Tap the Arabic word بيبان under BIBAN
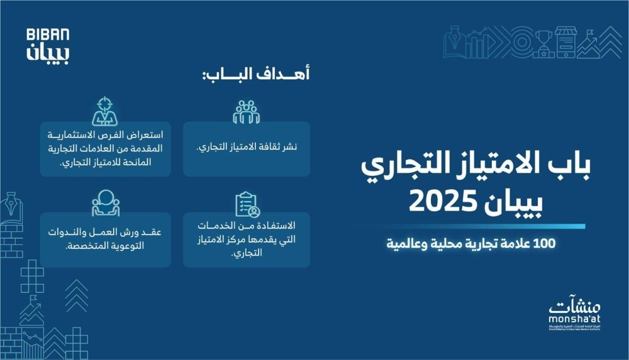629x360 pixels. click(48, 52)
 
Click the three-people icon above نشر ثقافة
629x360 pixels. click(247, 111)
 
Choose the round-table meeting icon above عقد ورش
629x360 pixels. click(105, 202)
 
